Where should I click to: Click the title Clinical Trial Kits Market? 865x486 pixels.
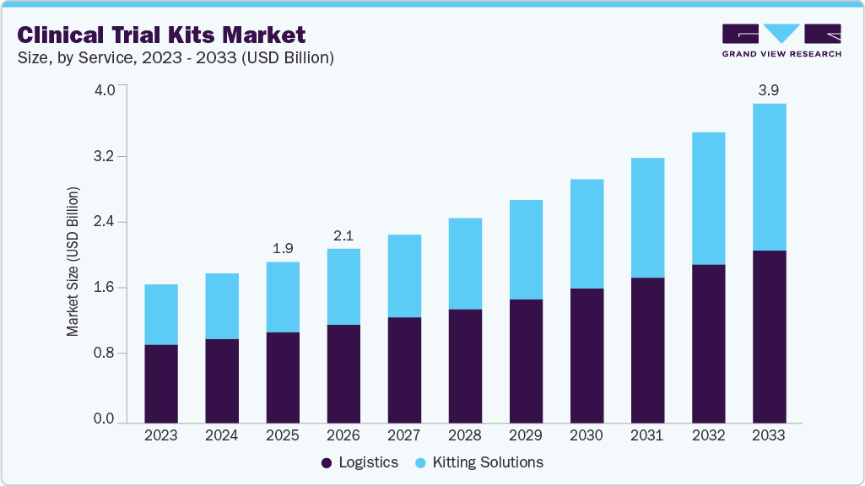pyautogui.click(x=161, y=35)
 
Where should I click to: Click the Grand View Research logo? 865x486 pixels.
pyautogui.click(x=781, y=40)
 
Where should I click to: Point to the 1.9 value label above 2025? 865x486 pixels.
pyautogui.click(x=283, y=248)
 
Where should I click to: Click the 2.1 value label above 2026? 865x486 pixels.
pyautogui.click(x=343, y=235)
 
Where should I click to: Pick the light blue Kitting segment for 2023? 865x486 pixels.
pyautogui.click(x=161, y=314)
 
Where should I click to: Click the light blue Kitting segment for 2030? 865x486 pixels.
pyautogui.click(x=587, y=234)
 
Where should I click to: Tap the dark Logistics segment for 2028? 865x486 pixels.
pyautogui.click(x=465, y=365)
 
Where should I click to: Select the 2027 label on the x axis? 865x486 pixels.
pyautogui.click(x=404, y=436)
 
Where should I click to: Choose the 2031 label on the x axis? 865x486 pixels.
pyautogui.click(x=647, y=436)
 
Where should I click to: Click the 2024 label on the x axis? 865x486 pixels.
pyautogui.click(x=222, y=436)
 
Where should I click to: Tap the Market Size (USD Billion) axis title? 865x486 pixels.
pyautogui.click(x=73, y=262)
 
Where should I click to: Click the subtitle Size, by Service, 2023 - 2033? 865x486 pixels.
pyautogui.click(x=176, y=58)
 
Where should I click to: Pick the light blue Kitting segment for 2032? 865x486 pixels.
pyautogui.click(x=708, y=198)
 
